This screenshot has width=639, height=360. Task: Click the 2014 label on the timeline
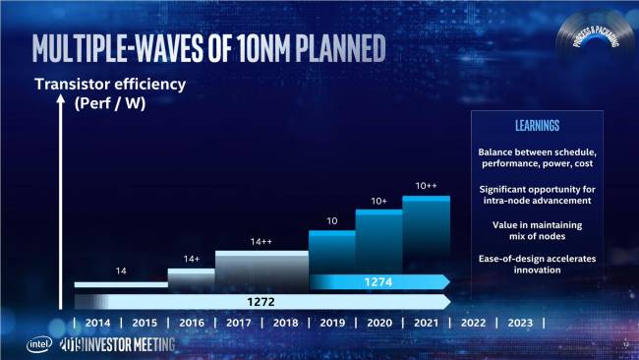[x=97, y=323]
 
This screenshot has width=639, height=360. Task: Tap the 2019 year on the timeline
[x=331, y=323]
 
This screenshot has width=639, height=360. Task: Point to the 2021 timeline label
[x=425, y=323]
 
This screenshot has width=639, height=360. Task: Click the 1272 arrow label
[x=261, y=301]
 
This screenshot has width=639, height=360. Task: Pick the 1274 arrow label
[x=378, y=282]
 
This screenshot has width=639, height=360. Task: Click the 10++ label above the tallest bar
[x=426, y=185]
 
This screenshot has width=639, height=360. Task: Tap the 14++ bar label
[x=261, y=241]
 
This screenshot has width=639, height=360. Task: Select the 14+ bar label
[x=192, y=259]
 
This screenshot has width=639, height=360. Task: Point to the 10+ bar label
[x=378, y=202]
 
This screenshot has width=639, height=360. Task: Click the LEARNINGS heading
[x=537, y=126]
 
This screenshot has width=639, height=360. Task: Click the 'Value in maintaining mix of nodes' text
[x=537, y=230]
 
